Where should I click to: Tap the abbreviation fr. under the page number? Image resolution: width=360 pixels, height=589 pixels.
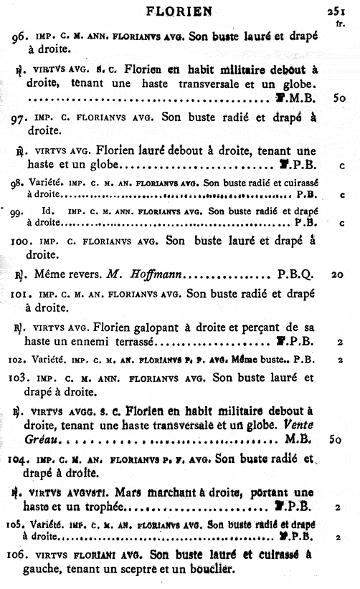(339, 24)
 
